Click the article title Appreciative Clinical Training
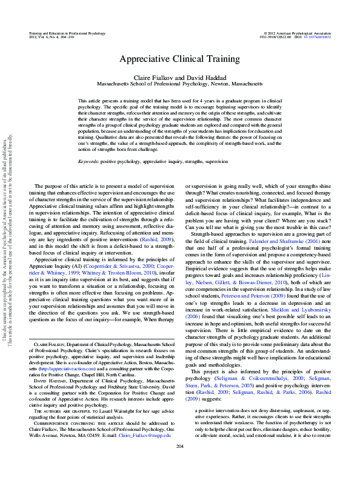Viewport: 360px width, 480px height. (179, 59)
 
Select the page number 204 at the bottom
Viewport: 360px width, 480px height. (179, 464)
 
